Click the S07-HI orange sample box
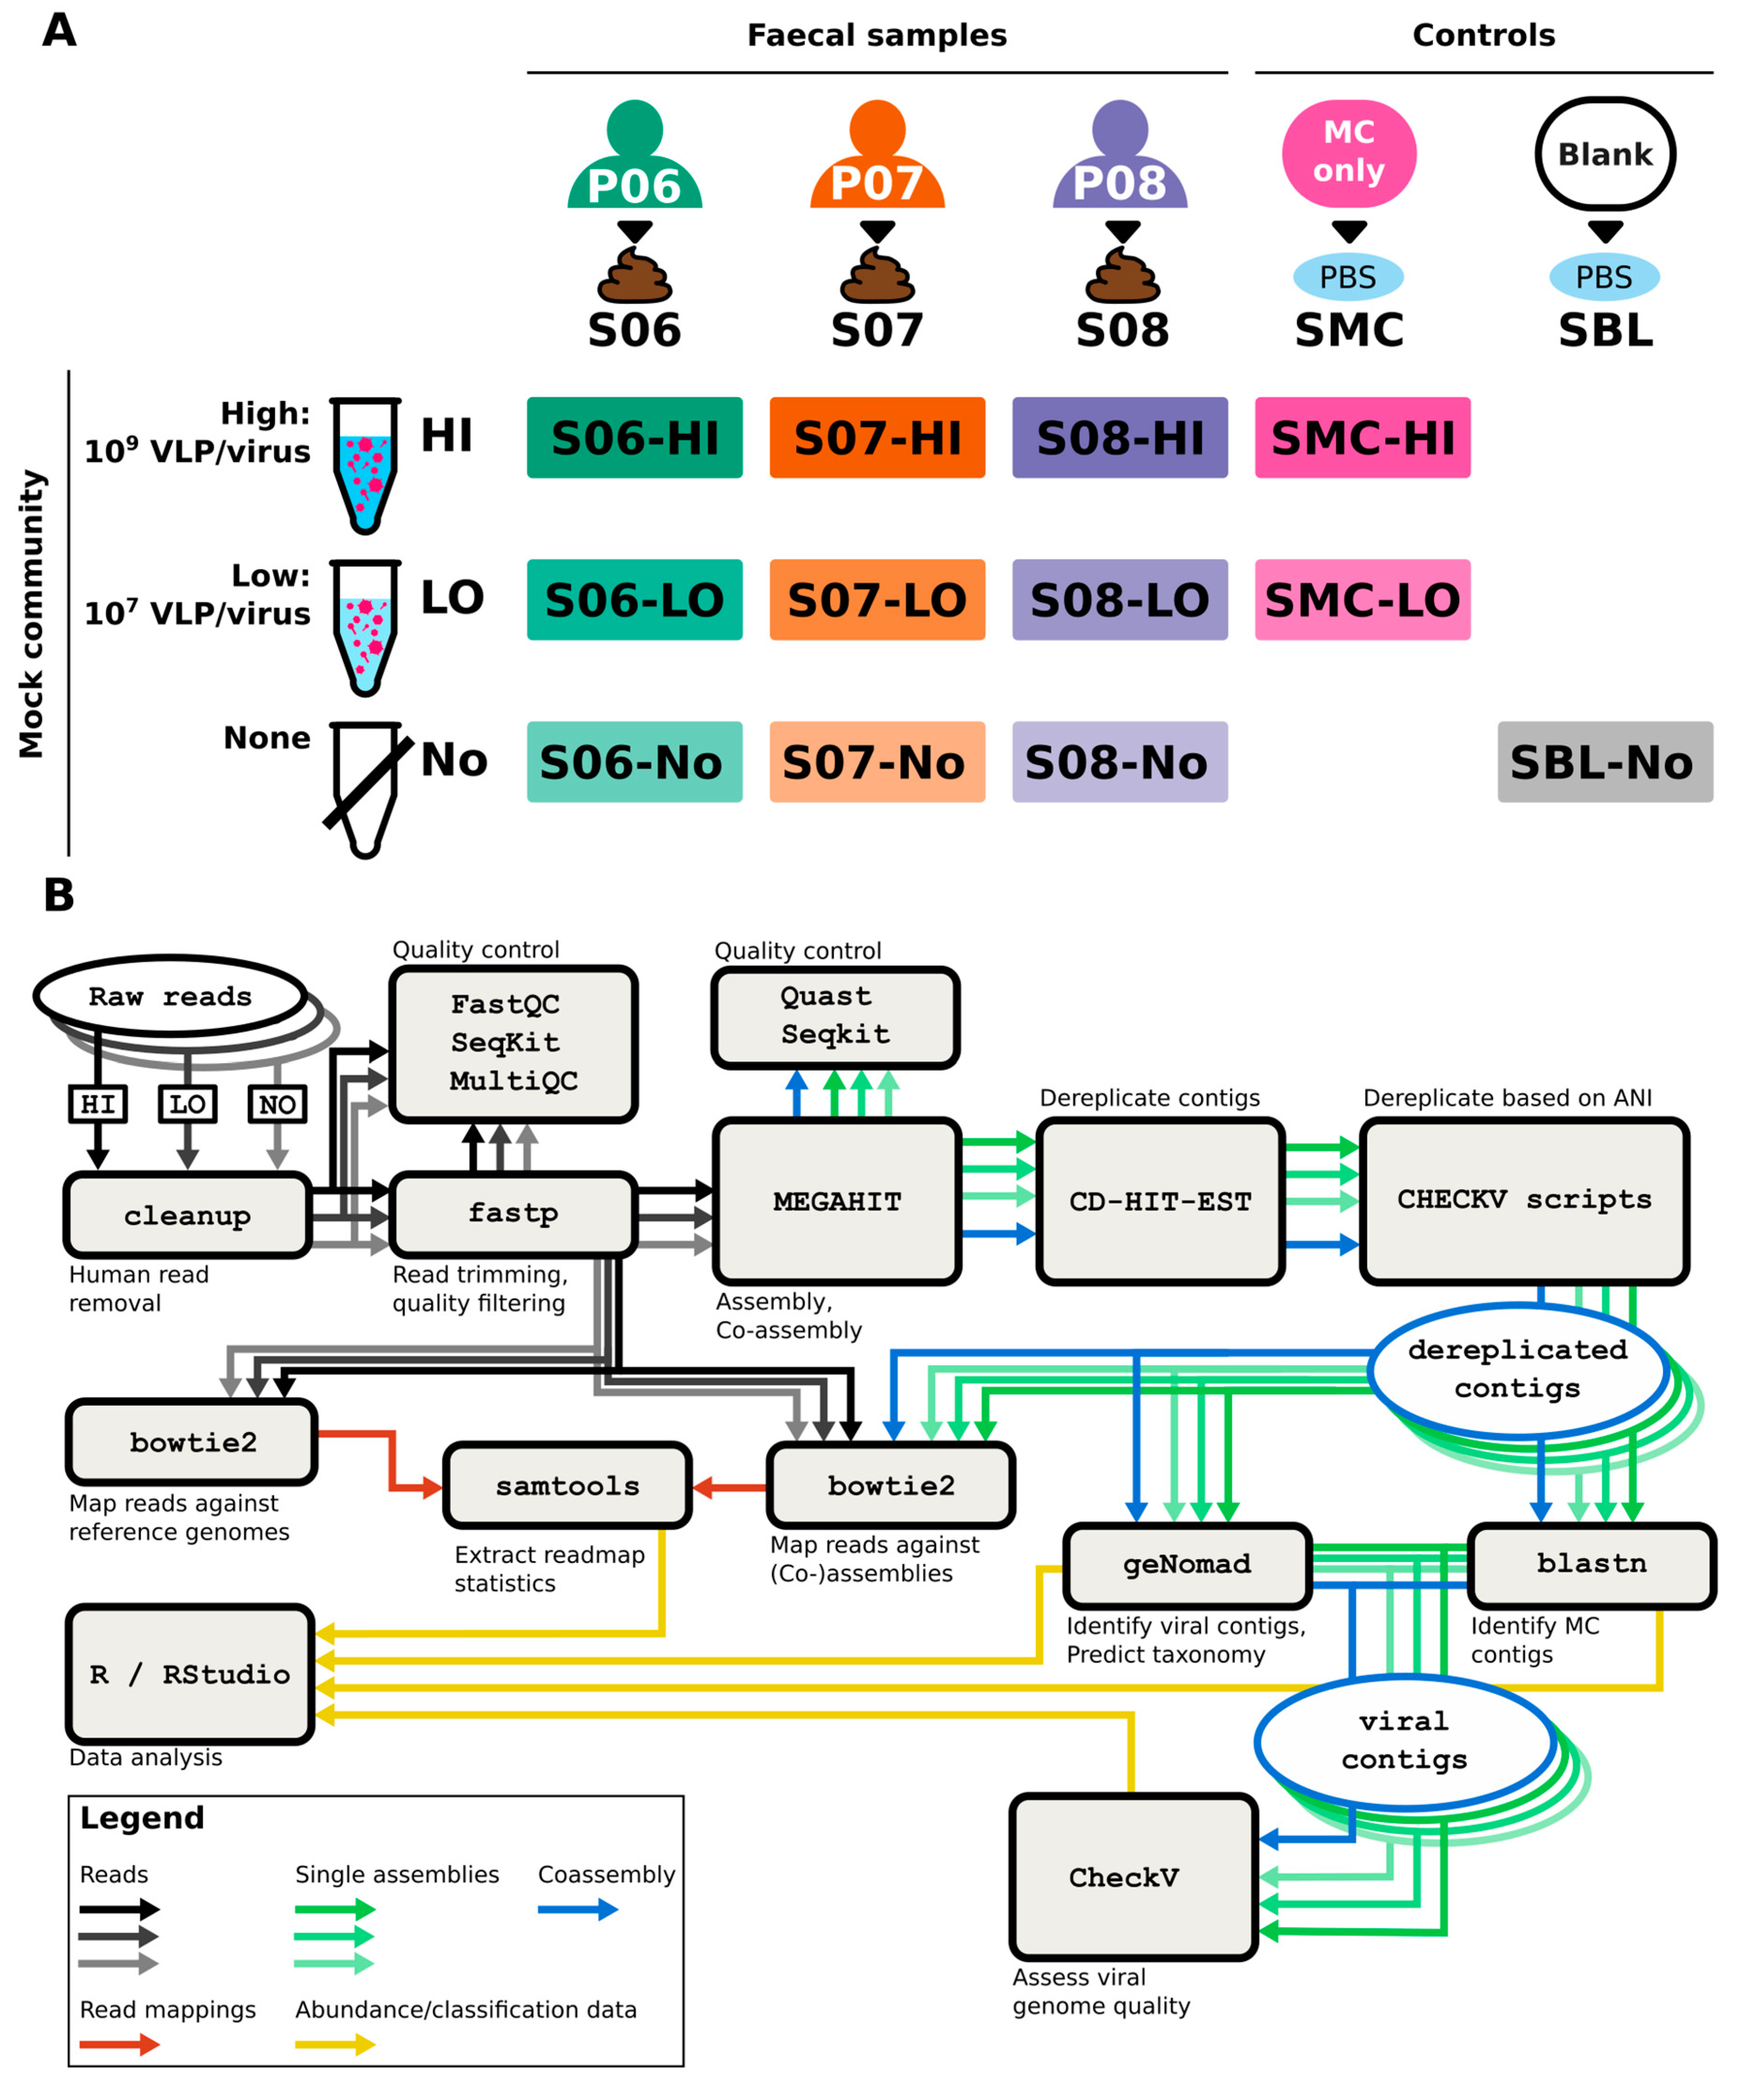click(877, 437)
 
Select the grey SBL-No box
click(1604, 762)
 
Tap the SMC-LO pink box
click(1362, 599)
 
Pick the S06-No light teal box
click(634, 762)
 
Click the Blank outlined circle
click(1604, 154)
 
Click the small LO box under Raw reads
click(187, 1104)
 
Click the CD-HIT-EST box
click(1160, 1201)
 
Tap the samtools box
click(567, 1486)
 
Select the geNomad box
click(1187, 1564)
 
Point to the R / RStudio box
click(190, 1674)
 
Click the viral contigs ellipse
click(1404, 1741)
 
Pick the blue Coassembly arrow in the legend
click(577, 1909)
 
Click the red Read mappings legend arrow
click(119, 2045)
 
